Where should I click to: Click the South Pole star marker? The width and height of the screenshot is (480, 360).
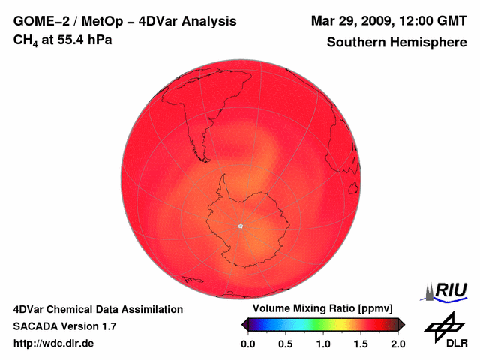click(x=240, y=226)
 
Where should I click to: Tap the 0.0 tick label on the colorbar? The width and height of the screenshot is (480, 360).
click(x=248, y=343)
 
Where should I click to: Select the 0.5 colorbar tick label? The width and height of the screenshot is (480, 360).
click(x=286, y=343)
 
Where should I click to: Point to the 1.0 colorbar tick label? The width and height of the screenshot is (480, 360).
click(x=323, y=343)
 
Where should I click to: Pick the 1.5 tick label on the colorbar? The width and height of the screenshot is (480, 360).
click(x=361, y=343)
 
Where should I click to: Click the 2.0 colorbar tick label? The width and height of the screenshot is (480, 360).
click(x=397, y=343)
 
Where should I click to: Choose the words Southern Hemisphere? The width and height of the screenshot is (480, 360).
click(x=396, y=43)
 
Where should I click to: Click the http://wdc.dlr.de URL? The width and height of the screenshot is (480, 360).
click(x=54, y=343)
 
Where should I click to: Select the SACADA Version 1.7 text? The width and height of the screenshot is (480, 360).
click(x=64, y=326)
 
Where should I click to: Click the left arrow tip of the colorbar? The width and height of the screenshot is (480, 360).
click(x=243, y=324)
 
